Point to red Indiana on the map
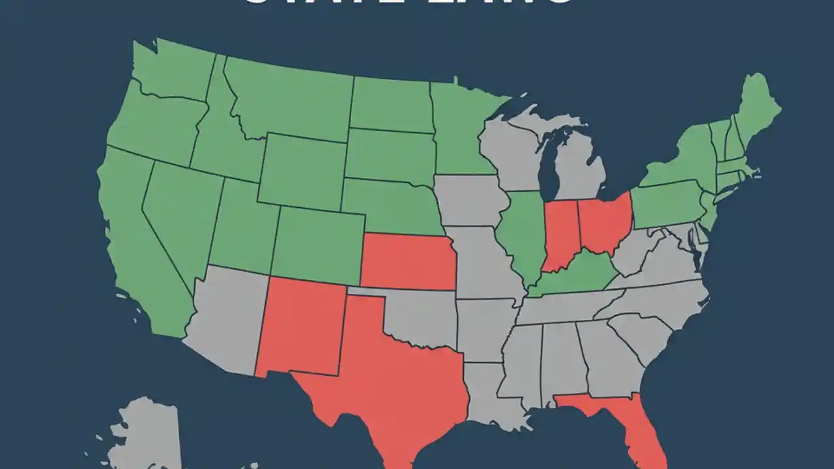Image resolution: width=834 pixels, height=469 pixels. click(x=559, y=234)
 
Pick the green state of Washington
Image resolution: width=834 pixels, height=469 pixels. click(x=173, y=72)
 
